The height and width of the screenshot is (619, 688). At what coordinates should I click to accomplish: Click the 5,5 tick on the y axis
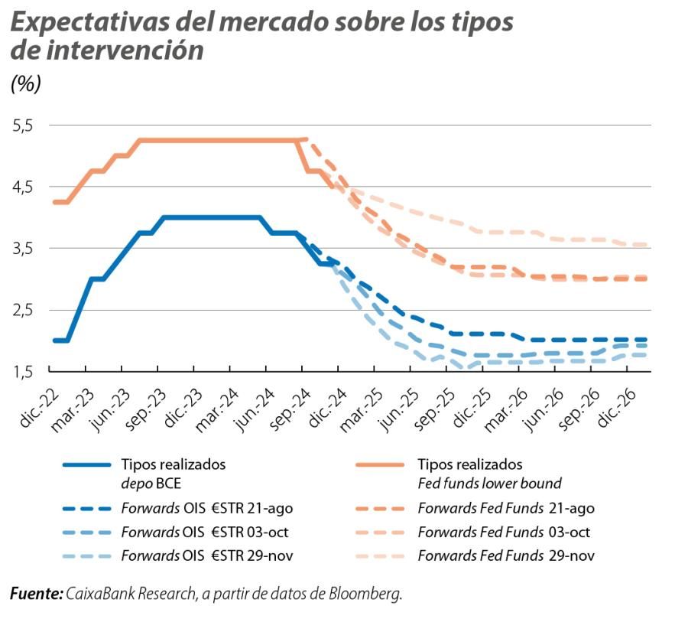coord(24,125)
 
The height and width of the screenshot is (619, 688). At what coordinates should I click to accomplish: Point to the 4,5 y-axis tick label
coord(24,187)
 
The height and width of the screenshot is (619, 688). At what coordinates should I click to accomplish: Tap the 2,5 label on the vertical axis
coord(24,310)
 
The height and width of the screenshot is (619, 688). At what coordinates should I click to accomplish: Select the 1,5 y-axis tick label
coord(24,372)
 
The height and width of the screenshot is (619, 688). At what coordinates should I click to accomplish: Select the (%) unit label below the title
coord(25,83)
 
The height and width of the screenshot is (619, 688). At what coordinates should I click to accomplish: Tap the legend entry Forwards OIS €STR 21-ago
coord(206,507)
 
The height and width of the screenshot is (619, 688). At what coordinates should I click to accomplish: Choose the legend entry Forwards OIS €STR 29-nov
coord(206,555)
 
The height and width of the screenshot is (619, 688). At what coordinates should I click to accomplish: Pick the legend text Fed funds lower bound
coord(489,484)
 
